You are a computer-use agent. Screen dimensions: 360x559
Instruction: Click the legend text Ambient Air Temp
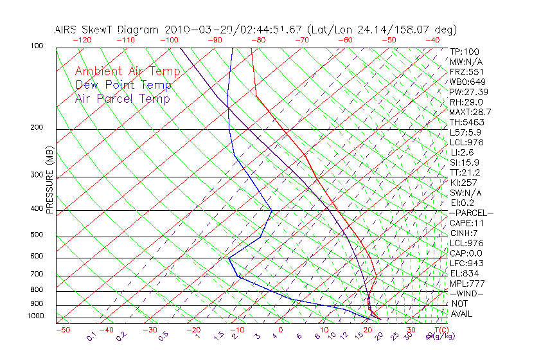tap(127, 71)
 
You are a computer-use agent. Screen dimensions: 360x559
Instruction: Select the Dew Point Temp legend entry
tap(123, 85)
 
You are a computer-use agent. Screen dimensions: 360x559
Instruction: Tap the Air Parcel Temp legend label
tap(122, 98)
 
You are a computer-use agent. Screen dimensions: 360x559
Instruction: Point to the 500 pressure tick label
tap(37, 235)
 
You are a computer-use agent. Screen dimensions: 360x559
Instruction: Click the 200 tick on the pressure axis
tap(37, 127)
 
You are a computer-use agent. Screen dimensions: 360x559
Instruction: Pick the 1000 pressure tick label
tap(35, 316)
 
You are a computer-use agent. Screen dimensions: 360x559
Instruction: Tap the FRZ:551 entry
tap(466, 71)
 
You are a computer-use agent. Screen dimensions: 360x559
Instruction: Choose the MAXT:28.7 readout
tap(470, 112)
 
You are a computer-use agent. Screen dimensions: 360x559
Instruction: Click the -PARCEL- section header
tap(471, 213)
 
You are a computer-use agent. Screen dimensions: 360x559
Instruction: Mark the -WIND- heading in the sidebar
tap(467, 293)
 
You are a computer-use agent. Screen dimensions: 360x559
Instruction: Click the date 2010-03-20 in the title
tap(193, 30)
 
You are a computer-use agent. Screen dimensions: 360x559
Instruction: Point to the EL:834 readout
tap(464, 273)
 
